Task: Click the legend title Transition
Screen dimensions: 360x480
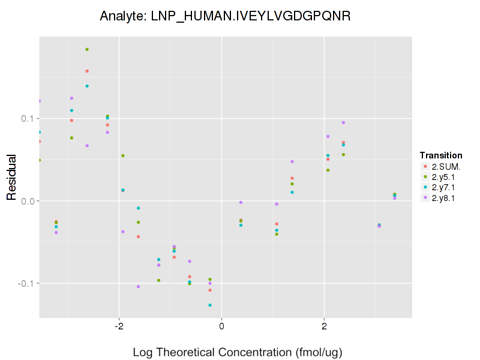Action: click(441, 155)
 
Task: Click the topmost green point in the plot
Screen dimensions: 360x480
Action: click(87, 49)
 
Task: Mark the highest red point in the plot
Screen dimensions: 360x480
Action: click(87, 71)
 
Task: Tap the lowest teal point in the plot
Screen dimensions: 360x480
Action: click(210, 305)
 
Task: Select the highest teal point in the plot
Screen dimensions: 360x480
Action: click(87, 86)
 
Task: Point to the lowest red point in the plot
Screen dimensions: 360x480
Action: click(210, 290)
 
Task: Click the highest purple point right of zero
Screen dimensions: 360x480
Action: click(343, 122)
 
